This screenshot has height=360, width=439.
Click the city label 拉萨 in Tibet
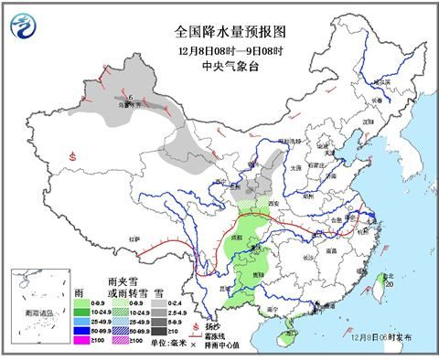coord(136,238)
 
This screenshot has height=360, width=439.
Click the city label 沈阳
coord(369,121)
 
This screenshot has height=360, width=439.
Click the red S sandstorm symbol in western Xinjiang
coord(71,156)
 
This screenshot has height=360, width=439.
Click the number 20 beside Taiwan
coord(390,285)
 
